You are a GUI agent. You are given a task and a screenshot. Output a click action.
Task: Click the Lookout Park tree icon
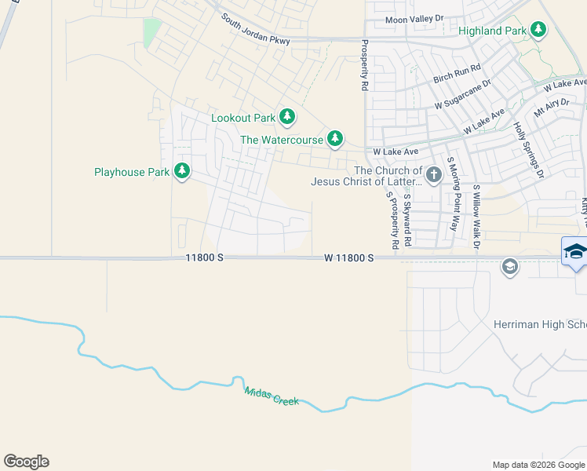[x=287, y=118]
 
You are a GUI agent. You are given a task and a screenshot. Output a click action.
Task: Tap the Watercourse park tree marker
[x=335, y=140]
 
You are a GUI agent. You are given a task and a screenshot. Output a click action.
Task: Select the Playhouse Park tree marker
[x=182, y=171]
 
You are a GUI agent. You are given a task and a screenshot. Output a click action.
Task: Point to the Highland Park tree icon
[x=538, y=31]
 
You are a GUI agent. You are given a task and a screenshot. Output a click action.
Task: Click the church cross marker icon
[x=434, y=172]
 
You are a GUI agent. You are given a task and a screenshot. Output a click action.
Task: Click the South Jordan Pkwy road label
[x=255, y=29]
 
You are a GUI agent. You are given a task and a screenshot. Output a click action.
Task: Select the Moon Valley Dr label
[x=414, y=19]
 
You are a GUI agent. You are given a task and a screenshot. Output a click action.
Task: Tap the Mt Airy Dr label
[x=550, y=108]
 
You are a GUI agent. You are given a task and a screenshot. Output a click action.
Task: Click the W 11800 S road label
[x=348, y=257]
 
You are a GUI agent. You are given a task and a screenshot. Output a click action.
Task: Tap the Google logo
[x=26, y=462]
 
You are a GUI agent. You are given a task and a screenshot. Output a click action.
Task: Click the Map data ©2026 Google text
[x=538, y=465]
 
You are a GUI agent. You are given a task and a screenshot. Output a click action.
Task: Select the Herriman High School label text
[x=540, y=324]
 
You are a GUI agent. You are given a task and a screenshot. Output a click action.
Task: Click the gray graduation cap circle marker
[x=510, y=268]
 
